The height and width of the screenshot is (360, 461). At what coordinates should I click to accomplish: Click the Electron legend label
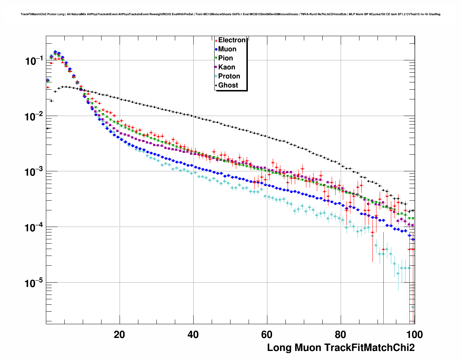(232, 40)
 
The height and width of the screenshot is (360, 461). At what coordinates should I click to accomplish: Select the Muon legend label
(227, 49)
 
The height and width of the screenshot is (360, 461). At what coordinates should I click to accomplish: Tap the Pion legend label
(225, 58)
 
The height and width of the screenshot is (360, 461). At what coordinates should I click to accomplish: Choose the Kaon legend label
(227, 67)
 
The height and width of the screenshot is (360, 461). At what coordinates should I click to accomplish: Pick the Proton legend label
(229, 76)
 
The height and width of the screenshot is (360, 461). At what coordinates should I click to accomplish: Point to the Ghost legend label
(228, 85)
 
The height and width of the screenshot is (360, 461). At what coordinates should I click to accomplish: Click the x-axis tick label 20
(119, 335)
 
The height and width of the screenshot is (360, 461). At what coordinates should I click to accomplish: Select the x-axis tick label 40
(193, 335)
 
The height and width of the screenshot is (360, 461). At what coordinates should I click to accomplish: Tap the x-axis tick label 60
(267, 335)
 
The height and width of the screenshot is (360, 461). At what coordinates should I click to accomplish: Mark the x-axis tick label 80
(341, 335)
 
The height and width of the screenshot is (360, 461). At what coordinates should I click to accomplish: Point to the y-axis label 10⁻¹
(35, 60)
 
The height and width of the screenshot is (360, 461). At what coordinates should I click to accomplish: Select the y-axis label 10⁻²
(35, 116)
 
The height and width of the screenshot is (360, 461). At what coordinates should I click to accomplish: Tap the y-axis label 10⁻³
(35, 172)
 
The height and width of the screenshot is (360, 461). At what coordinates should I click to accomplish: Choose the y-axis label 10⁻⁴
(35, 227)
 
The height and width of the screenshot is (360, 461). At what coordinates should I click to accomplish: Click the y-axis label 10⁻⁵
(35, 283)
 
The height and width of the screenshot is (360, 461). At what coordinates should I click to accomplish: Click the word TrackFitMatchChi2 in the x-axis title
(369, 348)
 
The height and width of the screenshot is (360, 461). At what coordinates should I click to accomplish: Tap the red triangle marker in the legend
(216, 40)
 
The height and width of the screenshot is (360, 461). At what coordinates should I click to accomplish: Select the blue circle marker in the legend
(216, 49)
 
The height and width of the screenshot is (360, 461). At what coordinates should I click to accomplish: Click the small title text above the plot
(231, 14)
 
